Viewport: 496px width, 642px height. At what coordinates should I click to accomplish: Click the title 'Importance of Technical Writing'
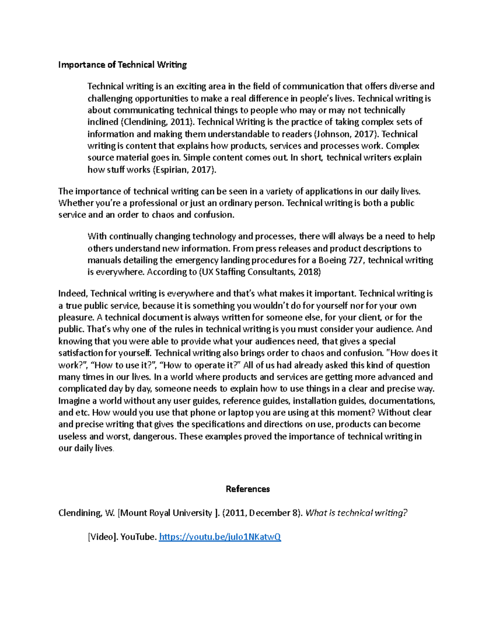[122, 65]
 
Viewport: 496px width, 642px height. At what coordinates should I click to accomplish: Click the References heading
[248, 489]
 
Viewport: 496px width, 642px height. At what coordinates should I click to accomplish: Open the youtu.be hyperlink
[220, 537]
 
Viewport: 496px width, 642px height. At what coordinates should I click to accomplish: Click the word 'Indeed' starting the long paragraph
[73, 294]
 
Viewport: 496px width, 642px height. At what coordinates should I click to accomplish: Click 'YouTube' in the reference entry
[138, 537]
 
